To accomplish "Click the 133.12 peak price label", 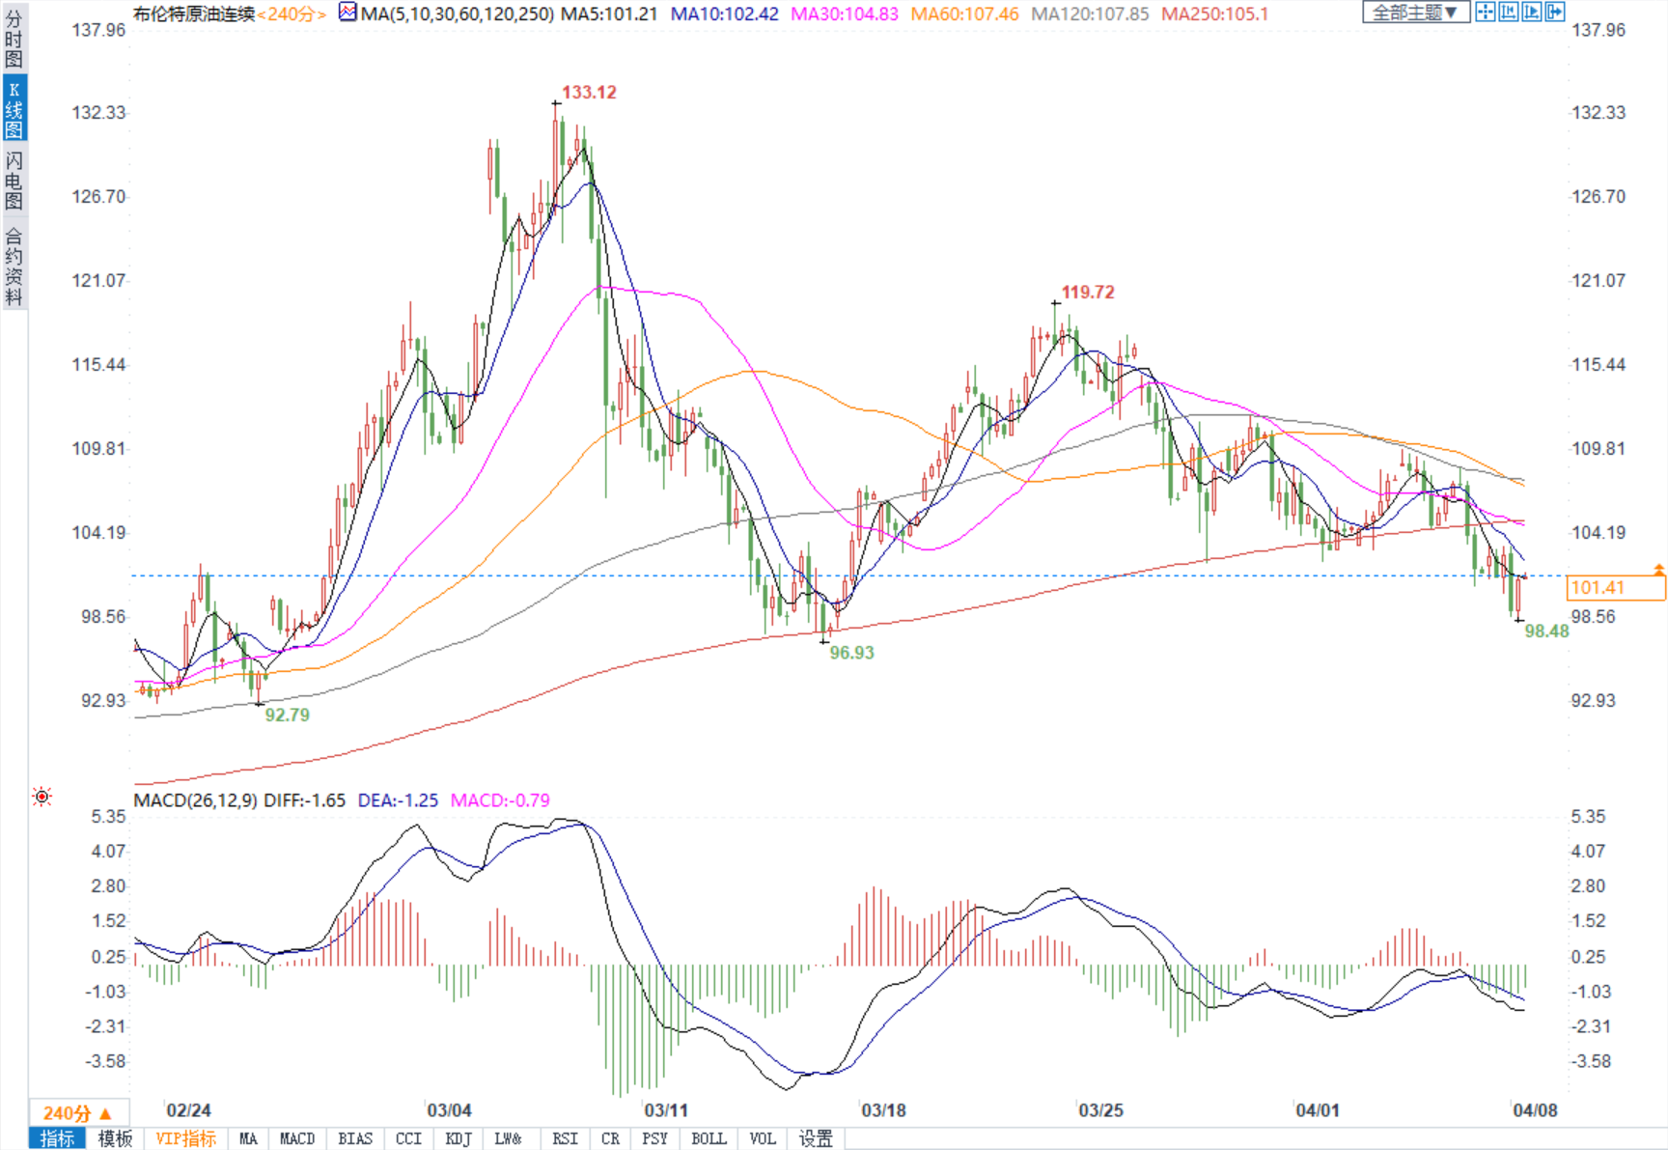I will click(x=589, y=93).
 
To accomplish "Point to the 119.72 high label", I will click(x=1088, y=293).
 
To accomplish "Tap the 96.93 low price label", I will click(x=851, y=653).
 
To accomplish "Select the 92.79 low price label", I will click(x=287, y=715).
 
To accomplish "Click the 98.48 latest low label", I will click(x=1546, y=631).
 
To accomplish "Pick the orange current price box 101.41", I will click(x=1616, y=587).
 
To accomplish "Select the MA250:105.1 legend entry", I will click(x=1214, y=14).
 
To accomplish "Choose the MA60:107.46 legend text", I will click(x=964, y=14).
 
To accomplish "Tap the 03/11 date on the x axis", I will click(x=666, y=1110).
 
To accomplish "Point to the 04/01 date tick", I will click(x=1318, y=1110).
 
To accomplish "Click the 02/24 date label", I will click(x=188, y=1110).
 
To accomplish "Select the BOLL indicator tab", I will click(x=709, y=1139).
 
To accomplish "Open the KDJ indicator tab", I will click(x=459, y=1139).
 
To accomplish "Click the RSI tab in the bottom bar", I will click(x=565, y=1139).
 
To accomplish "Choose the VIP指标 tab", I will click(x=186, y=1139).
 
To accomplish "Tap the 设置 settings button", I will click(x=816, y=1139).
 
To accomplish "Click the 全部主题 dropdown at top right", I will click(x=1415, y=13).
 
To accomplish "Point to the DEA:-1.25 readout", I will click(x=398, y=800).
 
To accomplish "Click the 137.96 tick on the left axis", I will click(x=98, y=30).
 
